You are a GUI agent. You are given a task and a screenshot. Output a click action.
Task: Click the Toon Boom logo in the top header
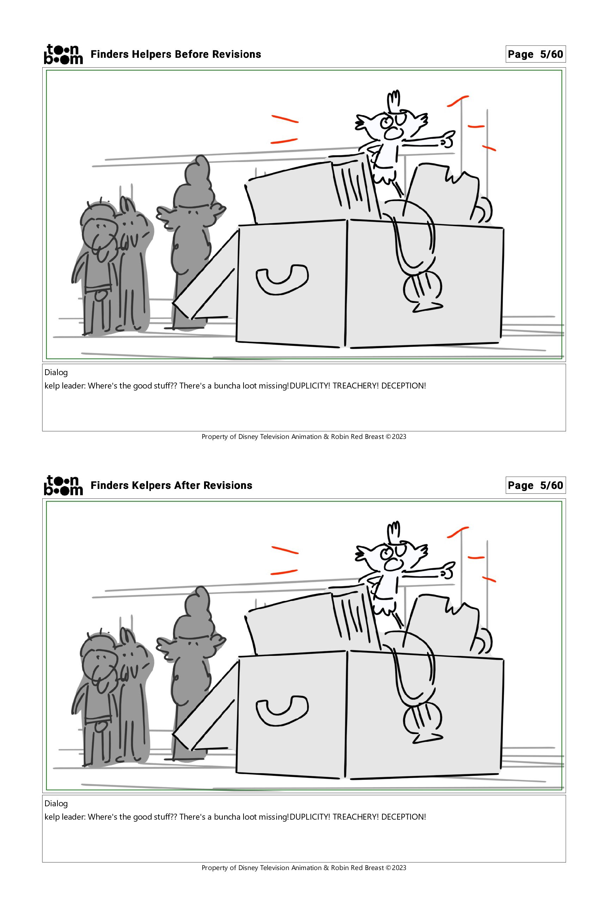tap(63, 54)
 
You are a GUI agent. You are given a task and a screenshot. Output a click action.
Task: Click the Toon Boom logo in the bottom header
tap(63, 485)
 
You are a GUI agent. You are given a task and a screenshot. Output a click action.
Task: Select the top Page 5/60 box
tap(536, 54)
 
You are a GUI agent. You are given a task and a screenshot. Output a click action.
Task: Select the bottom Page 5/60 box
tap(536, 485)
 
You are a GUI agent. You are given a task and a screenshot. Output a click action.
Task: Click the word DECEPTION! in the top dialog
tap(404, 386)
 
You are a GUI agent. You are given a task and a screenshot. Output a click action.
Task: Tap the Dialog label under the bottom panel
tap(56, 803)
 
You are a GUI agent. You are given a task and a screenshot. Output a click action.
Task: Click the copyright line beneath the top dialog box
tap(304, 437)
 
